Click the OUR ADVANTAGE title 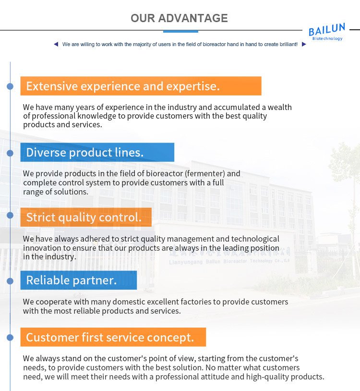tap(179, 18)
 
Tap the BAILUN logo tap(327, 32)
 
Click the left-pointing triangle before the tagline tap(56, 44)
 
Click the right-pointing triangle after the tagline tap(304, 44)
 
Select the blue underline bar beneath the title tap(180, 31)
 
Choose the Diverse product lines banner tap(97, 152)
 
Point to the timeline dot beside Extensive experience tap(10, 86)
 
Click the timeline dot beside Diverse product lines tap(10, 153)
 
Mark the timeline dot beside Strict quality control tap(10, 215)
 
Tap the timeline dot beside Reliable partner tap(10, 281)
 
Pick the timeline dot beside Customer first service tap(10, 337)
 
